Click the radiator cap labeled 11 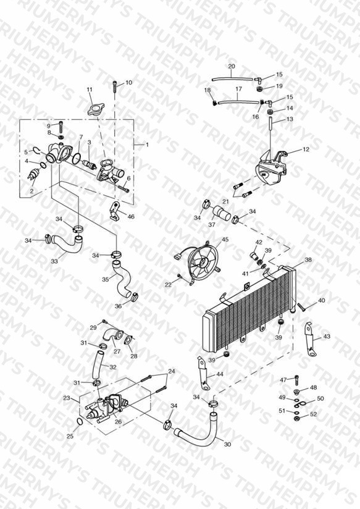(95, 109)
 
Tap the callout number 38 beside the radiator (308, 259)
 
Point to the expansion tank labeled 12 (271, 168)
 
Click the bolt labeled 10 (115, 86)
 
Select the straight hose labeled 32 (97, 366)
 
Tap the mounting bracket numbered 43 (311, 340)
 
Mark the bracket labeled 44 (204, 374)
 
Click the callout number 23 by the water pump (67, 398)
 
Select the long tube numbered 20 (232, 78)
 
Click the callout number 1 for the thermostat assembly (147, 145)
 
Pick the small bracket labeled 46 (115, 211)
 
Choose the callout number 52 (313, 414)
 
